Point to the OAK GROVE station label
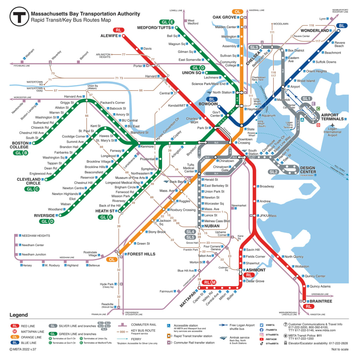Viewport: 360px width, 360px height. (224, 17)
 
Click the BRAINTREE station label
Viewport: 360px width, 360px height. (321, 301)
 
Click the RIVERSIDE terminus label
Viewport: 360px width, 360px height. (44, 216)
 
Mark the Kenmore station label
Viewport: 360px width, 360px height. (147, 146)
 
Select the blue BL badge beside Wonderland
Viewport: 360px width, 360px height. (341, 26)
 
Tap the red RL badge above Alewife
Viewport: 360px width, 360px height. (118, 30)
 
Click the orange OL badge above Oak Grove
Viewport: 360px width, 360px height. (238, 12)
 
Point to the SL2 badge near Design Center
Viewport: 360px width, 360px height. (274, 172)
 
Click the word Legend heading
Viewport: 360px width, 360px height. (19, 315)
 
